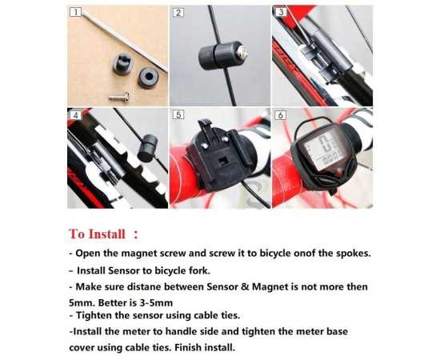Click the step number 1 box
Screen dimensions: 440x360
click(75, 12)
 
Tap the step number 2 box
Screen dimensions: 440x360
click(178, 13)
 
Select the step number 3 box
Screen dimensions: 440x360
click(281, 12)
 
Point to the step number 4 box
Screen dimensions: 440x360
click(75, 115)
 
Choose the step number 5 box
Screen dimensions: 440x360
click(178, 114)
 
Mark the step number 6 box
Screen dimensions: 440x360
click(281, 115)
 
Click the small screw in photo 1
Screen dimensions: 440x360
click(119, 98)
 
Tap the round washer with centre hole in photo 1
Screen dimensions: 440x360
click(148, 77)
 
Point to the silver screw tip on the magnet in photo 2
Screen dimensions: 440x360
click(243, 53)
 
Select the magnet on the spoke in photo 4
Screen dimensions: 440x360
click(147, 148)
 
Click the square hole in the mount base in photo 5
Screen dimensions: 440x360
click(223, 162)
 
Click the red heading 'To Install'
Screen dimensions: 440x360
click(97, 234)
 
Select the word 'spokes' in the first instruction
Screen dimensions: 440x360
click(353, 254)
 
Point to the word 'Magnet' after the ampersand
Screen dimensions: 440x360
click(270, 287)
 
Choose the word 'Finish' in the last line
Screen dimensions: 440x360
click(188, 348)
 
